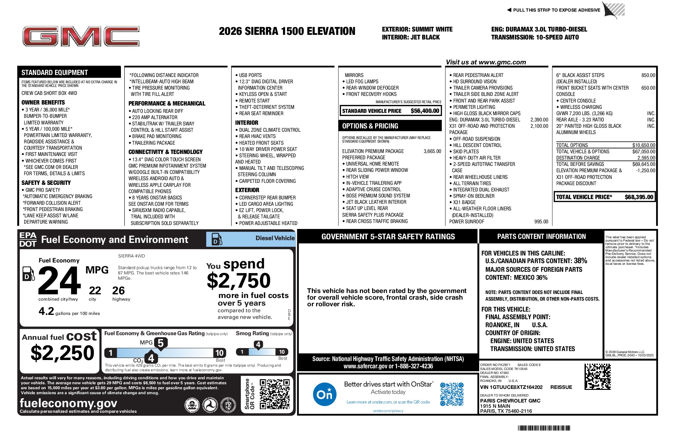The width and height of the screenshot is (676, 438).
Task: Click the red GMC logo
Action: coord(81,36)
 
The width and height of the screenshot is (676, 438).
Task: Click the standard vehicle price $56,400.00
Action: coord(425,111)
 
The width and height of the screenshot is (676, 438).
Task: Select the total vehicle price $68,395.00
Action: coord(639,197)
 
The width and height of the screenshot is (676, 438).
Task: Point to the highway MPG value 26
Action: coord(118,291)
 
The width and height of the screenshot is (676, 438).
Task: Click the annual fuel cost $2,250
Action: coord(62,353)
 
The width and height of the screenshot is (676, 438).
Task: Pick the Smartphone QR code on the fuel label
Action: coord(274,394)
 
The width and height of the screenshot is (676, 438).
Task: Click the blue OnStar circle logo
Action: coord(324,394)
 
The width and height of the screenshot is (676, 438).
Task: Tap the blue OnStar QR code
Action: coord(452,394)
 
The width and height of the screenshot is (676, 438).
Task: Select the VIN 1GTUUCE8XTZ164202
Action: coord(511,387)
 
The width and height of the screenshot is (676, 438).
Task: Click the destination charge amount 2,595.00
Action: coord(646,158)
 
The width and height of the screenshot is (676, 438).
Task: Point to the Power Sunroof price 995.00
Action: coord(541,222)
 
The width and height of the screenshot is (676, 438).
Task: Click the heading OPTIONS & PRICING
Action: coord(370,126)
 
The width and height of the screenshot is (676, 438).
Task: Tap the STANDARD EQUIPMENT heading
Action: coord(55,73)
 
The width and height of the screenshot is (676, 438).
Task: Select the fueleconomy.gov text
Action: coord(68,403)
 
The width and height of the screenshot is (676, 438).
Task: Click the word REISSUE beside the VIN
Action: coord(561,387)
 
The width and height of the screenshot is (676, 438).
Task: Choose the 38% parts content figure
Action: coord(580,261)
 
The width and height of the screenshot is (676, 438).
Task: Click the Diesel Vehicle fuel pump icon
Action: coord(217,239)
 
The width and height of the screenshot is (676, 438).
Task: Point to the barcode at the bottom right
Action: coord(544,428)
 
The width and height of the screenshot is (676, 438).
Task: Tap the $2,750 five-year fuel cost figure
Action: coord(239,281)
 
